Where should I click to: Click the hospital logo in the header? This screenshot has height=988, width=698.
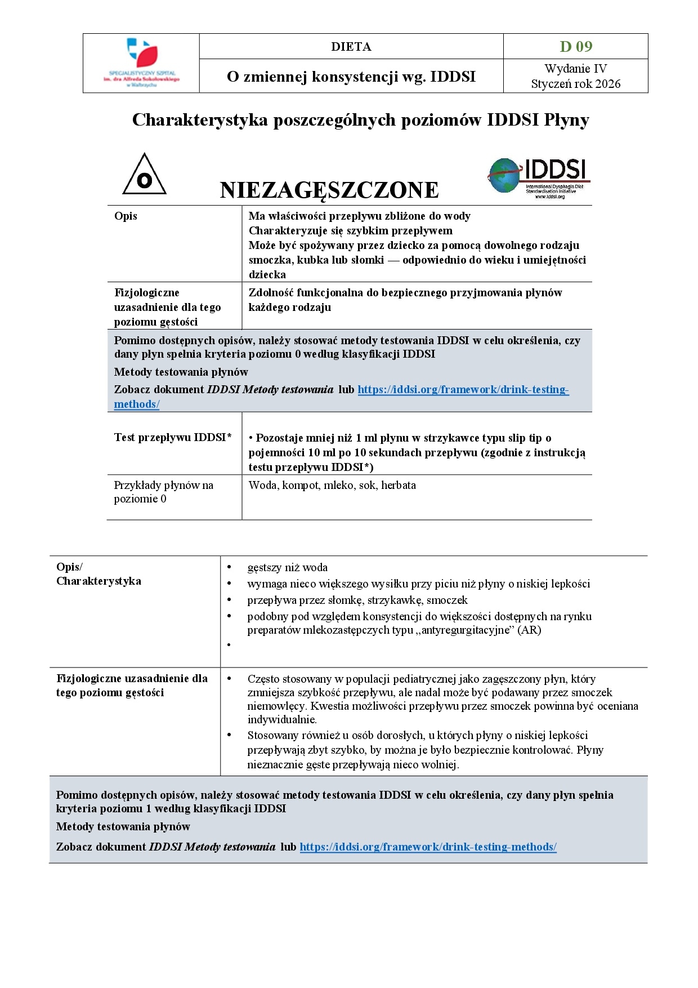[x=141, y=62]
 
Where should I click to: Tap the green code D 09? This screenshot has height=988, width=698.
[x=575, y=46]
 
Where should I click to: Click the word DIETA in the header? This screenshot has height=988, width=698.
[x=351, y=47]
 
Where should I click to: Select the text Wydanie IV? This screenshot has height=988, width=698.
[x=575, y=69]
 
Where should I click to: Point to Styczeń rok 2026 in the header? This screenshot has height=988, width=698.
[x=575, y=84]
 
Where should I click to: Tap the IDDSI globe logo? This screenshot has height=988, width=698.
[x=538, y=177]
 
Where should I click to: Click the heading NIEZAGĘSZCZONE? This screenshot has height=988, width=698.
[x=329, y=190]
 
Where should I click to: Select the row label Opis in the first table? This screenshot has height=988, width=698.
[x=126, y=216]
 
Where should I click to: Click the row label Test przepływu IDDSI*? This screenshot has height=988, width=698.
[x=173, y=438]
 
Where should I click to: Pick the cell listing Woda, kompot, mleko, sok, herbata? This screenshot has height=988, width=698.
[x=332, y=485]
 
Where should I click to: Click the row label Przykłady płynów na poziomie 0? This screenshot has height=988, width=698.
[x=163, y=492]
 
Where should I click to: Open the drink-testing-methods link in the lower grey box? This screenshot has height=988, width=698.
[x=428, y=847]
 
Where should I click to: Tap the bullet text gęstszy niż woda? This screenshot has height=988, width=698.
[x=287, y=567]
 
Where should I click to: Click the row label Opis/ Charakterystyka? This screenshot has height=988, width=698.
[x=99, y=574]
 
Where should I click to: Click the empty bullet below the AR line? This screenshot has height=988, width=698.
[x=229, y=645]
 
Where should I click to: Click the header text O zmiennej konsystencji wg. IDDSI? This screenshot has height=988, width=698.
[x=351, y=77]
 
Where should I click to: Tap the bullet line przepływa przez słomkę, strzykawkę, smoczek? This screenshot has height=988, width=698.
[x=357, y=600]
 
